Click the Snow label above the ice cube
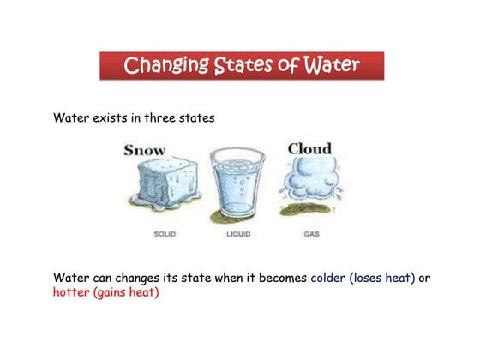coord(145,150)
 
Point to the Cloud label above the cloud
coord(309,148)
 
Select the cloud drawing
coord(309,183)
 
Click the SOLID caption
coord(166,234)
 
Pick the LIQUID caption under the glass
coord(238,234)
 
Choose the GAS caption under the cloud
coord(311,234)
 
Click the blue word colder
coord(328,278)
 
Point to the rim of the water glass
coord(239,154)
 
